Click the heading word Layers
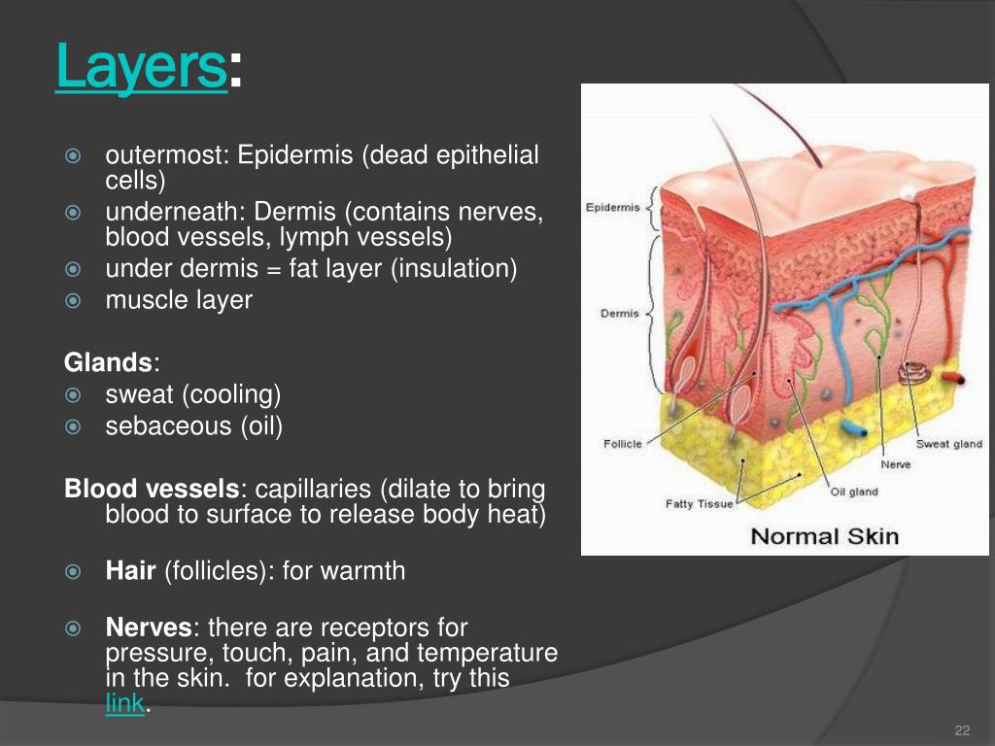pyautogui.click(x=141, y=66)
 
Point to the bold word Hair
pyautogui.click(x=131, y=571)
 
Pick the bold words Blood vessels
pyautogui.click(x=152, y=489)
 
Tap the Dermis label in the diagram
pyautogui.click(x=620, y=314)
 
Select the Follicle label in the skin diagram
pyautogui.click(x=623, y=444)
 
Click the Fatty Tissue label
pyautogui.click(x=700, y=504)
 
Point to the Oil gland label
pyautogui.click(x=854, y=492)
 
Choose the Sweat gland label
pyautogui.click(x=949, y=444)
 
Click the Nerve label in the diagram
pyautogui.click(x=895, y=465)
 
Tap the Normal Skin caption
pyautogui.click(x=825, y=536)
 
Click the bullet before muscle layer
pyautogui.click(x=72, y=301)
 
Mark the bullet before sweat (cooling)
pyautogui.click(x=72, y=395)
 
